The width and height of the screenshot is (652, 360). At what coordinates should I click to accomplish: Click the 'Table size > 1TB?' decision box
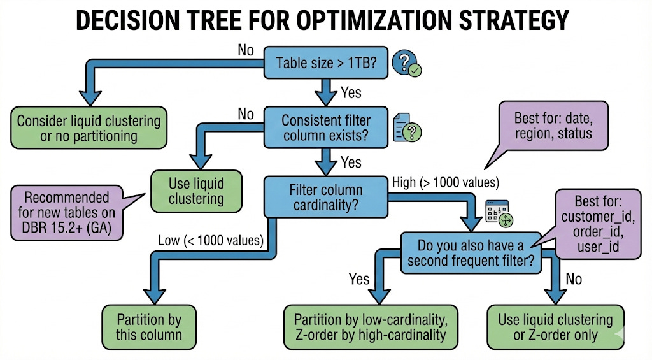[326, 62]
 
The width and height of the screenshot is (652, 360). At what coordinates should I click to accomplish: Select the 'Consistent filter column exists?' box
[325, 127]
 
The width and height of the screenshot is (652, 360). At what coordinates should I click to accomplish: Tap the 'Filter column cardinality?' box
[325, 198]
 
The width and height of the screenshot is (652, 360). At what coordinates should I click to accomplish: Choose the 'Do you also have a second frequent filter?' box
[471, 252]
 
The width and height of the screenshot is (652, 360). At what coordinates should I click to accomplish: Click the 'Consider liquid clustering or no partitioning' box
[89, 127]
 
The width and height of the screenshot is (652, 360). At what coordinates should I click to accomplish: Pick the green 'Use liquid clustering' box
[196, 191]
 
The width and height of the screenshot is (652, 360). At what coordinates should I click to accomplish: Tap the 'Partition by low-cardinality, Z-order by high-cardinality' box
[366, 327]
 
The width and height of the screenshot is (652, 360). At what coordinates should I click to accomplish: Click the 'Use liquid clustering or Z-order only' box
[555, 327]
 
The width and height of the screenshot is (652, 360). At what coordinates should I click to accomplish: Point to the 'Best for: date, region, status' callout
[553, 126]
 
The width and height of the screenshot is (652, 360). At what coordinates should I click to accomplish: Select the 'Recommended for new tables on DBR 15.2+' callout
[66, 213]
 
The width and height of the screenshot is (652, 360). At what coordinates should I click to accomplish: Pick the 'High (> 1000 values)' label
[445, 182]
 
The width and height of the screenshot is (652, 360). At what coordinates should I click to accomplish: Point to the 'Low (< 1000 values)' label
[209, 240]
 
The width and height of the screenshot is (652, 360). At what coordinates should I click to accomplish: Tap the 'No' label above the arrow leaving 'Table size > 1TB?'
[246, 49]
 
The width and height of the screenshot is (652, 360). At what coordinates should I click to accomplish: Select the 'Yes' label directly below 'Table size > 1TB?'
[350, 93]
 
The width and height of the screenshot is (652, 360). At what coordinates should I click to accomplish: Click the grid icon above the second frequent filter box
[499, 213]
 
